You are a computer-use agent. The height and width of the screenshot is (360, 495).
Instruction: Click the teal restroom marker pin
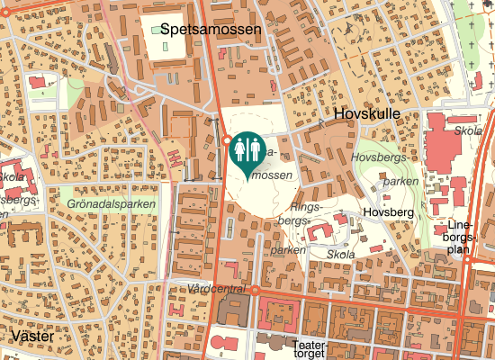(x=247, y=149)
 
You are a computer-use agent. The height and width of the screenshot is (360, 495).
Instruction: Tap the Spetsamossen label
(x=206, y=30)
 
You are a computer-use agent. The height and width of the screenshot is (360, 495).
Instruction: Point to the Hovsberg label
(x=387, y=212)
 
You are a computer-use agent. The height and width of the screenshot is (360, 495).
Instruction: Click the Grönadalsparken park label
(x=111, y=204)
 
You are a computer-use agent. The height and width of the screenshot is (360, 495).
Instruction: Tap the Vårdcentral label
(x=218, y=289)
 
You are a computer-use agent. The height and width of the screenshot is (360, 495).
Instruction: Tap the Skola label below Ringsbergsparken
(x=341, y=255)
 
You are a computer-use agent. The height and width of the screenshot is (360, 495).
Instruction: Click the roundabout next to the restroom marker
(x=225, y=140)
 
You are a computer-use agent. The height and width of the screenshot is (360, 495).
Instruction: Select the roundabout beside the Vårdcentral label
(x=256, y=291)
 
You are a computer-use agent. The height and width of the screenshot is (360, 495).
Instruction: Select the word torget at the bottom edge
(x=308, y=355)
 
